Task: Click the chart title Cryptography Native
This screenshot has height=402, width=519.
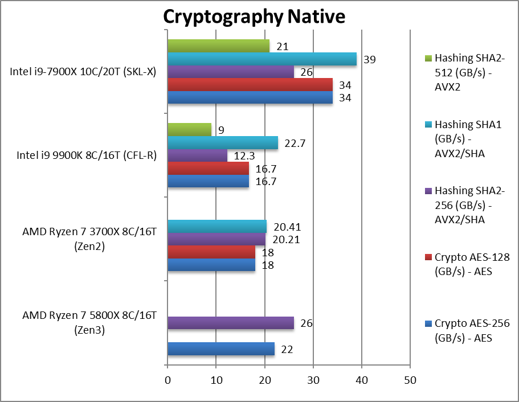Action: pos(254,17)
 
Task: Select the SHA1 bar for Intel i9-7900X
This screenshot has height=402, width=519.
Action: pos(262,59)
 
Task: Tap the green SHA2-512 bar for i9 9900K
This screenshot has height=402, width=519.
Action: pos(189,130)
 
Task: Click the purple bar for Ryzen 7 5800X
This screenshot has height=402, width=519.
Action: pos(231,323)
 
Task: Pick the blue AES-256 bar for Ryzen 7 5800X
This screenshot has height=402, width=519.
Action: pos(221,349)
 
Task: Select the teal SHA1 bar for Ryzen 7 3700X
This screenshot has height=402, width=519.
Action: pos(217,226)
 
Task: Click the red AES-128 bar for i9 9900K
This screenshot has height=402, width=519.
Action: pos(208,169)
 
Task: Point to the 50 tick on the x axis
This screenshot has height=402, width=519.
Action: pos(410,380)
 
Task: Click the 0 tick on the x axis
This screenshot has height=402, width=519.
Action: pos(167,380)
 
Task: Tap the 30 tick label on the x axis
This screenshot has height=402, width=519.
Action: pos(313,380)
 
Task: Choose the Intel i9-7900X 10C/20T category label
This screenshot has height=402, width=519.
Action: pos(83,72)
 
